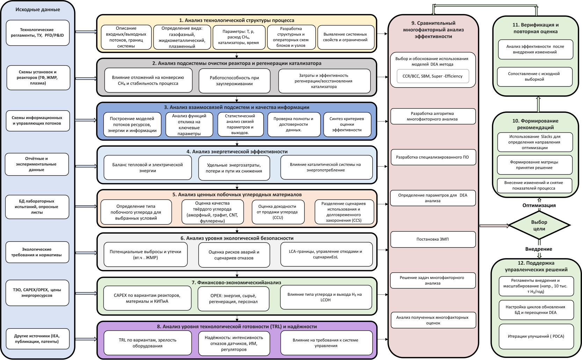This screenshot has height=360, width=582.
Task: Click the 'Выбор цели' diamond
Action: (539, 225)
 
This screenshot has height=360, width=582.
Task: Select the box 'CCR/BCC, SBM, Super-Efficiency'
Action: (432, 76)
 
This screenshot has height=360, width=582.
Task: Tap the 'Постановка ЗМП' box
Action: (432, 240)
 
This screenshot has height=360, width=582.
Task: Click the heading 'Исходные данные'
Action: (38, 10)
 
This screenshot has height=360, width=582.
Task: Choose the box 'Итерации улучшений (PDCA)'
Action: (536, 336)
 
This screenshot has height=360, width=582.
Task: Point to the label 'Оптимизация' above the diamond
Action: (539, 205)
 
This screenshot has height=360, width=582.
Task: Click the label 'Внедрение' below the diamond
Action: (539, 249)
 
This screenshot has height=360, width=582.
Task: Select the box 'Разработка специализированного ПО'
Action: (432, 157)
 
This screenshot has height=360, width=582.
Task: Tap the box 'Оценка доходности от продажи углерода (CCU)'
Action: (277, 212)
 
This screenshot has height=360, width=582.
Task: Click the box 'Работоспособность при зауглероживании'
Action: (234, 81)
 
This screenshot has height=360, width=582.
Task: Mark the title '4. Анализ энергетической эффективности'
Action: (237, 152)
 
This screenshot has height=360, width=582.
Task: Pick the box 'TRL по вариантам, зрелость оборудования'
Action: (147, 343)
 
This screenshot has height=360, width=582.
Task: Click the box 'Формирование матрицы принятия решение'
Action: (534, 165)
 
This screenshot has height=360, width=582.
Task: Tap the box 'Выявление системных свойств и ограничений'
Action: (345, 37)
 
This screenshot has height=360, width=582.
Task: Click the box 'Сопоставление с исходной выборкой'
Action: (534, 76)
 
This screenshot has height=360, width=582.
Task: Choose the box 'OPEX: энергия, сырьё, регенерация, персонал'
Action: (233, 299)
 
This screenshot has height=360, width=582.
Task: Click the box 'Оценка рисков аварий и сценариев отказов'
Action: (234, 255)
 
